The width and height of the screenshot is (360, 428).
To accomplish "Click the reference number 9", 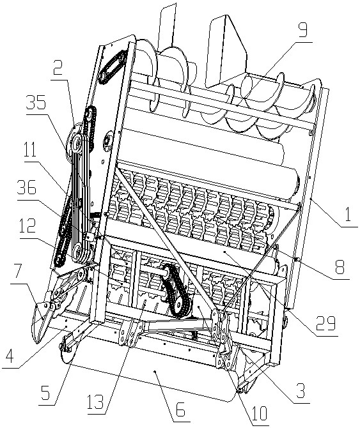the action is click(x=303, y=30).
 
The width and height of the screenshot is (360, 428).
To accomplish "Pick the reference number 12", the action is click(x=27, y=225).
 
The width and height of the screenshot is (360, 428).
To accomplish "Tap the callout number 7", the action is click(x=17, y=271).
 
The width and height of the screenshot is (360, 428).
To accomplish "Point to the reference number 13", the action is click(x=96, y=402).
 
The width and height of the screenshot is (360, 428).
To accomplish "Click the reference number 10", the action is click(x=259, y=413).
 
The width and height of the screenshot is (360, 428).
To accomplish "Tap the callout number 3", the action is click(x=301, y=391).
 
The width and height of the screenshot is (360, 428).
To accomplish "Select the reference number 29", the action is click(x=326, y=323).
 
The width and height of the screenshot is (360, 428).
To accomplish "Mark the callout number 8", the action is click(x=340, y=266).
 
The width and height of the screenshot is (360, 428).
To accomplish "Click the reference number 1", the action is click(x=348, y=214).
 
